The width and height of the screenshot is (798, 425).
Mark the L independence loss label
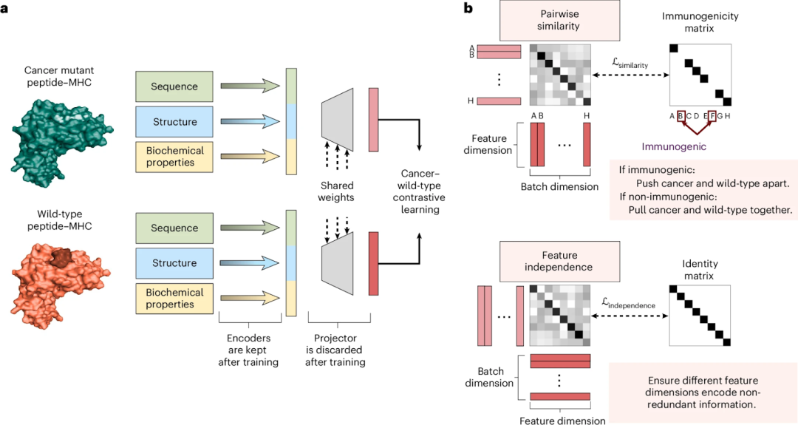(x=628, y=304)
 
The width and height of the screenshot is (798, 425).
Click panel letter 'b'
(x=467, y=8)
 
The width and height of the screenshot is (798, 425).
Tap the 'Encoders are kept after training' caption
(x=251, y=350)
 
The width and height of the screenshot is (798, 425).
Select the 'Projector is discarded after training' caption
(x=337, y=350)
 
